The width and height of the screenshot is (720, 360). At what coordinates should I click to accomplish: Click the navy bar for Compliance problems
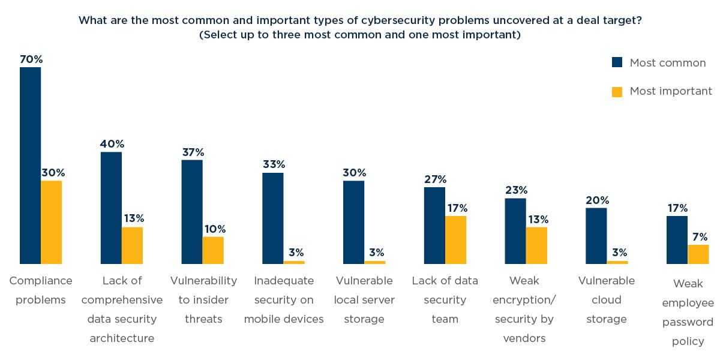tap(30, 165)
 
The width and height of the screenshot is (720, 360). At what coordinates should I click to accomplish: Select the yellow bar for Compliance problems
tap(51, 222)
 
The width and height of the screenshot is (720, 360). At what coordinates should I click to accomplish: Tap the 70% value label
tap(31, 59)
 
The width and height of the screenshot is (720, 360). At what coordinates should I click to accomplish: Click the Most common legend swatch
tap(617, 62)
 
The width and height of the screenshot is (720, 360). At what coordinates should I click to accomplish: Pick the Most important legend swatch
tap(617, 91)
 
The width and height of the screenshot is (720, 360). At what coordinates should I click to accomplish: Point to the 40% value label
tap(112, 144)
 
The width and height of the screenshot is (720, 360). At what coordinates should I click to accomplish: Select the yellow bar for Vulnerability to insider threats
tap(213, 250)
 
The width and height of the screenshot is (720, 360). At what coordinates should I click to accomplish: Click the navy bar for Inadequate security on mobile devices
tap(273, 218)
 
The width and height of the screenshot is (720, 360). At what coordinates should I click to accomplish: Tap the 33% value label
tap(274, 164)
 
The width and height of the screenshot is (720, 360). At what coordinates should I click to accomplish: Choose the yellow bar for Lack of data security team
tap(455, 239)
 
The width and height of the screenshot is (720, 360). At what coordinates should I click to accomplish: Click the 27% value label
tap(434, 179)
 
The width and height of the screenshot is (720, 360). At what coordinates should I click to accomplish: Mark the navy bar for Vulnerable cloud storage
tap(596, 235)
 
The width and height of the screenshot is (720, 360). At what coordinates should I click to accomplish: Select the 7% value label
tap(699, 236)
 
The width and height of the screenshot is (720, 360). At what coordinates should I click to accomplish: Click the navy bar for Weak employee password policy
tap(677, 239)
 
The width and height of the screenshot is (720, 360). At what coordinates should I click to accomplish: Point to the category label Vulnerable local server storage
tap(364, 299)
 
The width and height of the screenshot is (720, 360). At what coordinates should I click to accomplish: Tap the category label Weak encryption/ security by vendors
tap(524, 309)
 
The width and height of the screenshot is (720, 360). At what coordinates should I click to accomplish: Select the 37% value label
tap(193, 152)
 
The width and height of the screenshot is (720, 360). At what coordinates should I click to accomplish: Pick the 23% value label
tap(515, 190)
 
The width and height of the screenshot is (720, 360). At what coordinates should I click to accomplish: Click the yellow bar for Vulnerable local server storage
tap(375, 262)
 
